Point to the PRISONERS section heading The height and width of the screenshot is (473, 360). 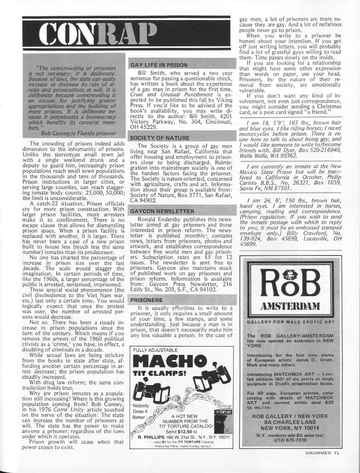146,299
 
